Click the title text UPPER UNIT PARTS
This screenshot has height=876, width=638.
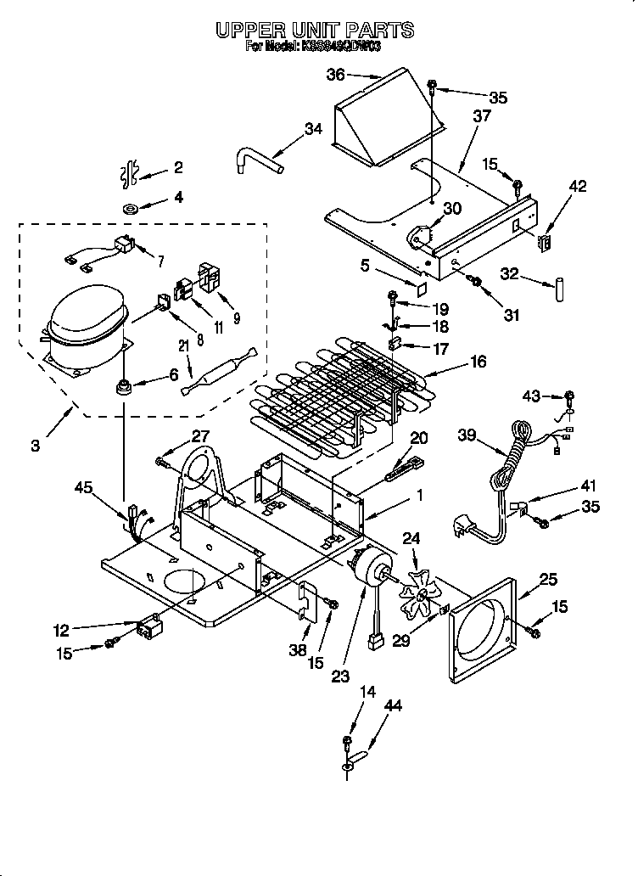314,30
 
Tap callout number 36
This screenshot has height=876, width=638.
336,75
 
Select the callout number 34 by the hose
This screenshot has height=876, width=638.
314,129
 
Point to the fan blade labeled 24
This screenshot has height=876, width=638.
418,593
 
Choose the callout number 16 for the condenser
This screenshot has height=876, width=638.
478,362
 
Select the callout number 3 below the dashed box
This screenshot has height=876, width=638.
35,445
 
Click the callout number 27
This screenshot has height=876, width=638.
200,436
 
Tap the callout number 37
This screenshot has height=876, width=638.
481,116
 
